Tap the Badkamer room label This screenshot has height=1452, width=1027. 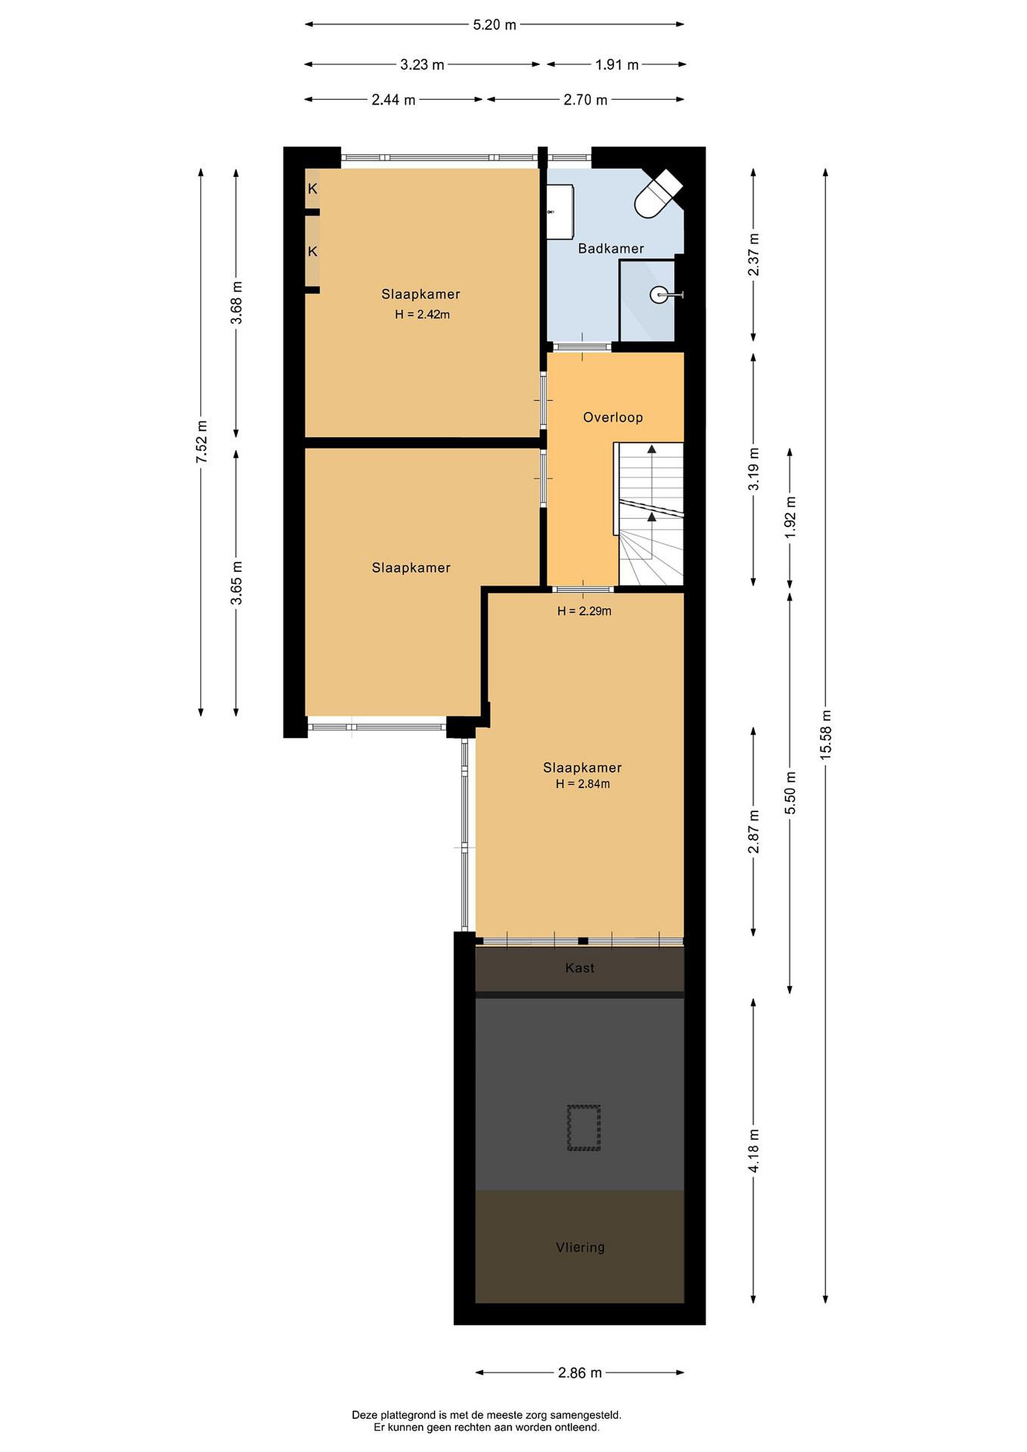click(611, 249)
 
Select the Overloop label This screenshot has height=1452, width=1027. click(613, 417)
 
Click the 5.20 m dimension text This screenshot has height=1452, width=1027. click(495, 25)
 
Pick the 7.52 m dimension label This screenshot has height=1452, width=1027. click(201, 442)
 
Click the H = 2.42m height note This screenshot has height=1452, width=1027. click(422, 314)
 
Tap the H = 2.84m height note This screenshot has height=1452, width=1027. click(582, 784)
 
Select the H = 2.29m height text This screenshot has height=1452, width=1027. click(584, 611)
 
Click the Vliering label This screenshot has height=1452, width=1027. click(580, 1248)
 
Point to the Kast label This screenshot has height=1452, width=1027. click(580, 968)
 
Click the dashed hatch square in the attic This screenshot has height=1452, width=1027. click(584, 1128)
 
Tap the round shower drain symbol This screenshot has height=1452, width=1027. click(658, 294)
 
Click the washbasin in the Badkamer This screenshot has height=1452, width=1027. click(560, 212)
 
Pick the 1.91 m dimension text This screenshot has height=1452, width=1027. click(617, 65)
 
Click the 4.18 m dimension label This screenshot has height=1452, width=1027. click(753, 1151)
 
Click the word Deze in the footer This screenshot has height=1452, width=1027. click(364, 1415)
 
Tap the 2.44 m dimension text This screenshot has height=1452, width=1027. click(393, 100)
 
